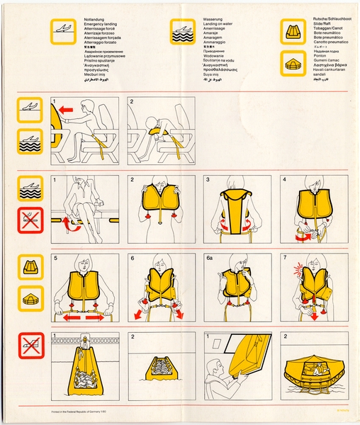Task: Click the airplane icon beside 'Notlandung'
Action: click(x=61, y=28)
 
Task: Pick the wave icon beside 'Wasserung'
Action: click(x=182, y=29)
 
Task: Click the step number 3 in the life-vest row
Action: click(x=208, y=180)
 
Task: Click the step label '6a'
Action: click(x=210, y=259)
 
